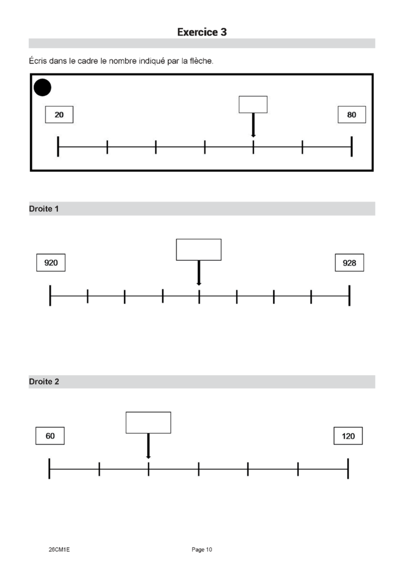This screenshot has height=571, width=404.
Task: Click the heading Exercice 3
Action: click(x=202, y=32)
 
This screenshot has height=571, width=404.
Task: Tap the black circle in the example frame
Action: click(x=42, y=87)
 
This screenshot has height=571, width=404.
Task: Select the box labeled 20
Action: click(x=59, y=114)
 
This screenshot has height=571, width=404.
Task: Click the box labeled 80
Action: click(x=352, y=114)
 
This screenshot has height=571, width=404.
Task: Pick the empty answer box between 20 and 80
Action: click(x=253, y=105)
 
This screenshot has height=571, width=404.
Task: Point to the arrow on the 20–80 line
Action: click(x=253, y=125)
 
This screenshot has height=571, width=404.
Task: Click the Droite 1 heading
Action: click(x=44, y=208)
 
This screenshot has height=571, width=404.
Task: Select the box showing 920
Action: click(x=51, y=262)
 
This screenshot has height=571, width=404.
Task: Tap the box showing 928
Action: click(x=349, y=262)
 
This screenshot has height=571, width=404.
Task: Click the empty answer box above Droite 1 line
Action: click(x=198, y=250)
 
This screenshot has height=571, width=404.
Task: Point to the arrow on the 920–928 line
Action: click(x=198, y=273)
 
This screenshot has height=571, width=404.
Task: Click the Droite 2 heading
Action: click(x=44, y=382)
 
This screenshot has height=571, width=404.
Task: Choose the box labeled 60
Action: click(x=50, y=436)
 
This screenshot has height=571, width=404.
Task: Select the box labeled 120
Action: click(x=348, y=436)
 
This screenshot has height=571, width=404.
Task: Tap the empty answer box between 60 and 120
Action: click(x=148, y=423)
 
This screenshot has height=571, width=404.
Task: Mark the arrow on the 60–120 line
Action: click(x=148, y=446)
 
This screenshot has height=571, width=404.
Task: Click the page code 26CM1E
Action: click(x=59, y=550)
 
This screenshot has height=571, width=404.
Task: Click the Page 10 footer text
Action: click(x=202, y=550)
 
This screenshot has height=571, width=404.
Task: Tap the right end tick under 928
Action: click(x=350, y=295)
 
